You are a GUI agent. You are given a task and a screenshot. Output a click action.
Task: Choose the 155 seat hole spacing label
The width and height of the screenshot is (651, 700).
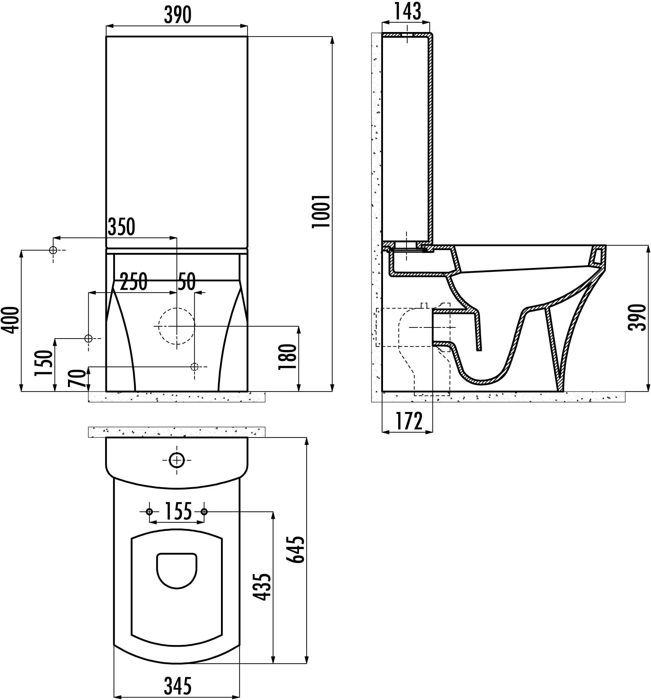point(178,511)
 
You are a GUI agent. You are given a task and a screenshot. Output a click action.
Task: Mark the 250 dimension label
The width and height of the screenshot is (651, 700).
point(133,282)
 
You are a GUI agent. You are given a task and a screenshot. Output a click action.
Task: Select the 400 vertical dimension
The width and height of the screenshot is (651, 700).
point(10,320)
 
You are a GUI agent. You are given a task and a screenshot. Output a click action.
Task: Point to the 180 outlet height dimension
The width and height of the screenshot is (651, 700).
point(287,357)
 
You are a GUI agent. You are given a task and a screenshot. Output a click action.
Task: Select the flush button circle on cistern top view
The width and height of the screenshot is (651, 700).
point(176,460)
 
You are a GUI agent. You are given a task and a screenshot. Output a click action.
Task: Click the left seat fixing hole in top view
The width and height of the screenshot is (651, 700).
point(149,511)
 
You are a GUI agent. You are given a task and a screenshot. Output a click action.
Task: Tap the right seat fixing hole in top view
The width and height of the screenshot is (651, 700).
point(204,511)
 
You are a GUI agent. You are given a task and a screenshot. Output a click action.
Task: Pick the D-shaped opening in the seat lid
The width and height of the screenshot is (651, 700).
point(176,569)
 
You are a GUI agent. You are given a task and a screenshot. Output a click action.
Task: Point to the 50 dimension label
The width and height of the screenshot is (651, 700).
point(186,282)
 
